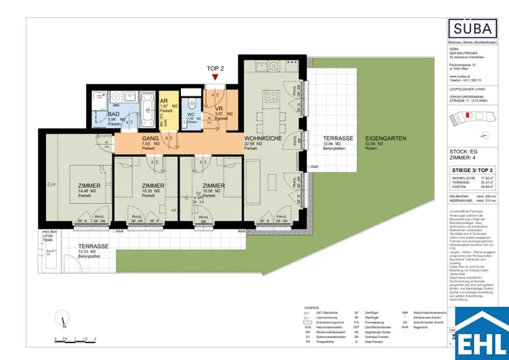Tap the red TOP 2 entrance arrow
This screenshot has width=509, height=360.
215,78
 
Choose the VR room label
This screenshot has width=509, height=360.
218,109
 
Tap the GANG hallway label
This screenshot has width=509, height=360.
151,138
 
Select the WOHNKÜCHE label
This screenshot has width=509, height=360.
263,138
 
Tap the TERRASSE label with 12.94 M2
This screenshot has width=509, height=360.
338,138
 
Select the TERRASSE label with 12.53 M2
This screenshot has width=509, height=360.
93,247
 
